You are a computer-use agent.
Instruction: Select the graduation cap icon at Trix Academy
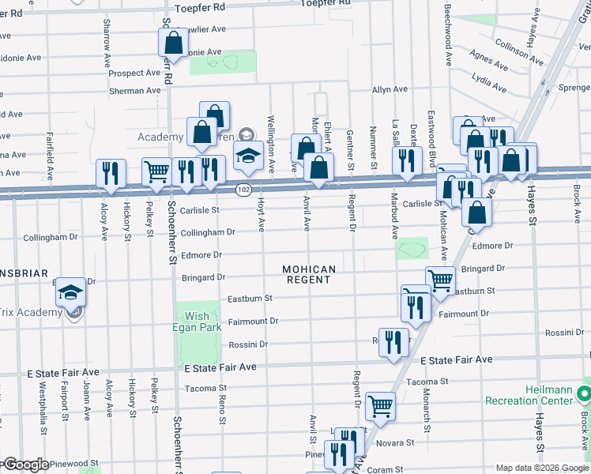[x=71, y=292]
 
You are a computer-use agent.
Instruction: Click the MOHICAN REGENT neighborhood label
[x=310, y=275]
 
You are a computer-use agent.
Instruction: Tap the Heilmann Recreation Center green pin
[x=584, y=393]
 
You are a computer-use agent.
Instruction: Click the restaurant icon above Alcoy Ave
[x=111, y=173]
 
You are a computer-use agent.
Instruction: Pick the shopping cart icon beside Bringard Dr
[x=440, y=279]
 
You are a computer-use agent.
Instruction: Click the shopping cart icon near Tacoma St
[x=380, y=406]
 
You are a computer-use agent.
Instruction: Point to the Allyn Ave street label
[x=390, y=90]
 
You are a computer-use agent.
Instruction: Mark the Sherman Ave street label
[x=134, y=91]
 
